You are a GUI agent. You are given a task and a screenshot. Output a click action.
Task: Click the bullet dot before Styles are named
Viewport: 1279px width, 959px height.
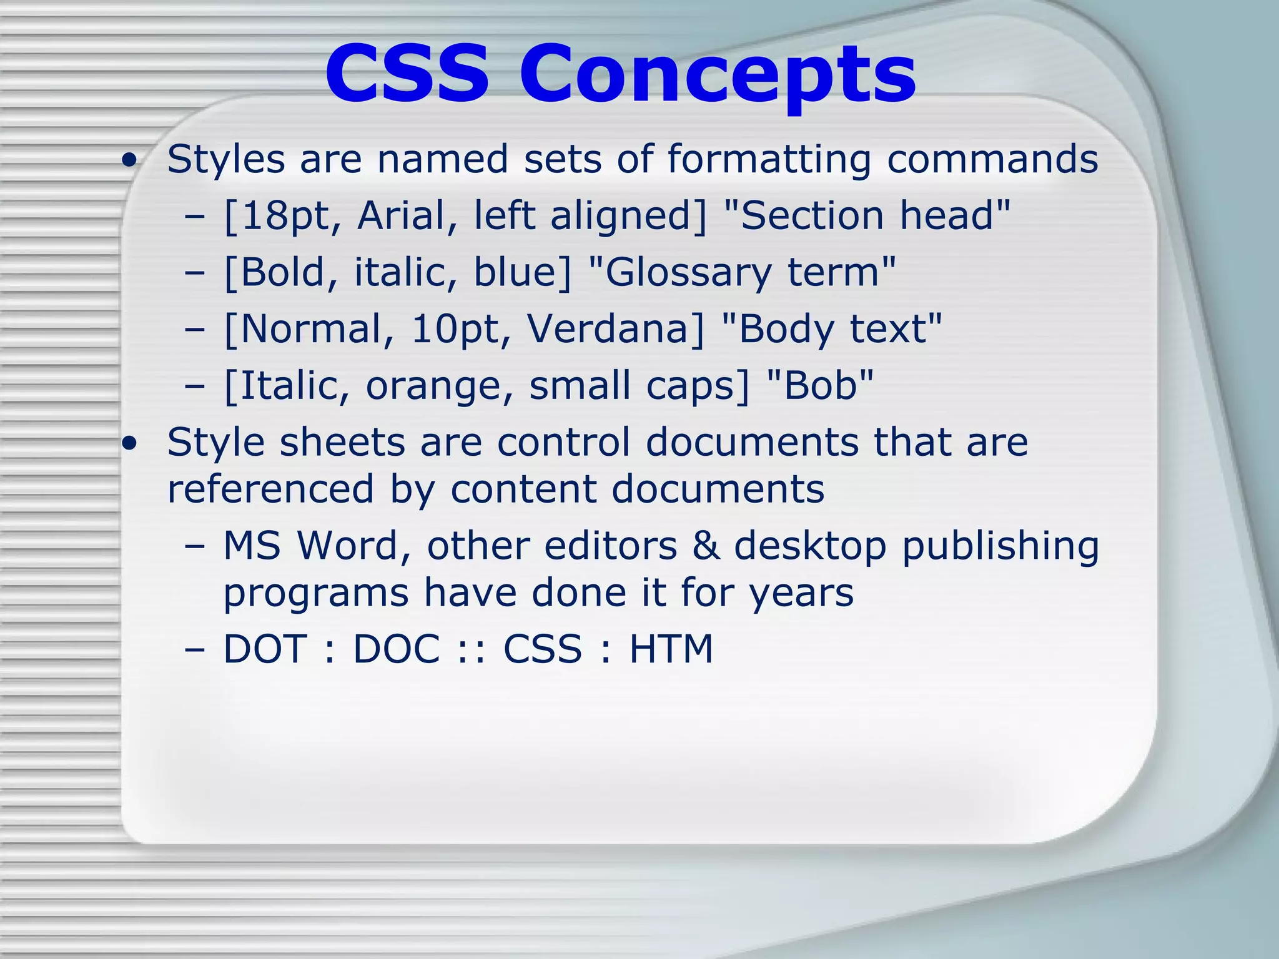[130, 162]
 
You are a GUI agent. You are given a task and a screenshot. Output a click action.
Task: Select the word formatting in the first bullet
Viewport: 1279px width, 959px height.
[769, 160]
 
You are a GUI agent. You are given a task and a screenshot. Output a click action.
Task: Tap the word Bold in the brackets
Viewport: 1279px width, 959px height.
[282, 272]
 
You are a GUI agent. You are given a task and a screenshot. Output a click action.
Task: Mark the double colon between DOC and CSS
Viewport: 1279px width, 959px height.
[472, 649]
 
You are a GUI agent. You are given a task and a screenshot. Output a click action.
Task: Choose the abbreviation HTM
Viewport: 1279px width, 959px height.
[671, 649]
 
